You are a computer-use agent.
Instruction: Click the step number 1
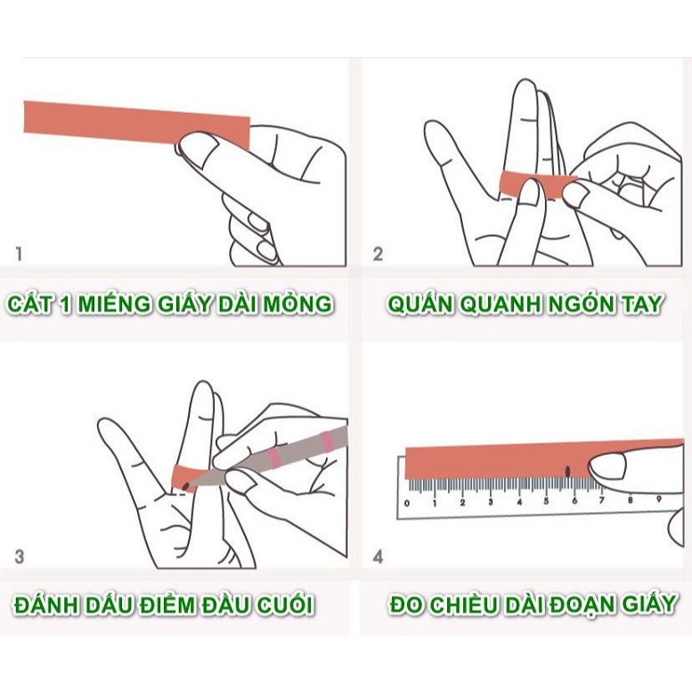[x=19, y=254]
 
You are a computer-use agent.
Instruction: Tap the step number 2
[x=378, y=254]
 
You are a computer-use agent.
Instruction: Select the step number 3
[x=20, y=557]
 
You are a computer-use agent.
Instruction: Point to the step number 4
[x=378, y=557]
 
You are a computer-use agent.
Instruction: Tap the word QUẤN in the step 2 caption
[x=420, y=303]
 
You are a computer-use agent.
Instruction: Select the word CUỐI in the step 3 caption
[x=286, y=604]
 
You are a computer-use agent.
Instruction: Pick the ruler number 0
[x=407, y=503]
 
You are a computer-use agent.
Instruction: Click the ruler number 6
[x=574, y=501]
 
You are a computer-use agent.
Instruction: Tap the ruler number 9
[x=659, y=499]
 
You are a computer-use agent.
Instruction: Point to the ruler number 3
[x=491, y=501]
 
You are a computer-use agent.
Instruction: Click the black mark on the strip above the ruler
[x=567, y=471]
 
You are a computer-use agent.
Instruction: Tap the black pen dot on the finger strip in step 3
[x=186, y=486]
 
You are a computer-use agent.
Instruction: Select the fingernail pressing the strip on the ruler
[x=608, y=466]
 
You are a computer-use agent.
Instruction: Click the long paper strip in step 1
[x=137, y=125]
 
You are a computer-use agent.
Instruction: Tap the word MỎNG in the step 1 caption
[x=297, y=303]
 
